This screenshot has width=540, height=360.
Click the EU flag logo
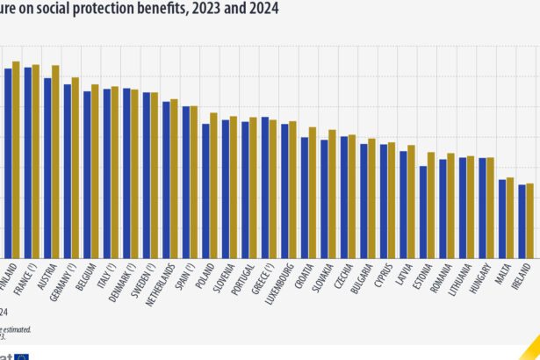point(43,356)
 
